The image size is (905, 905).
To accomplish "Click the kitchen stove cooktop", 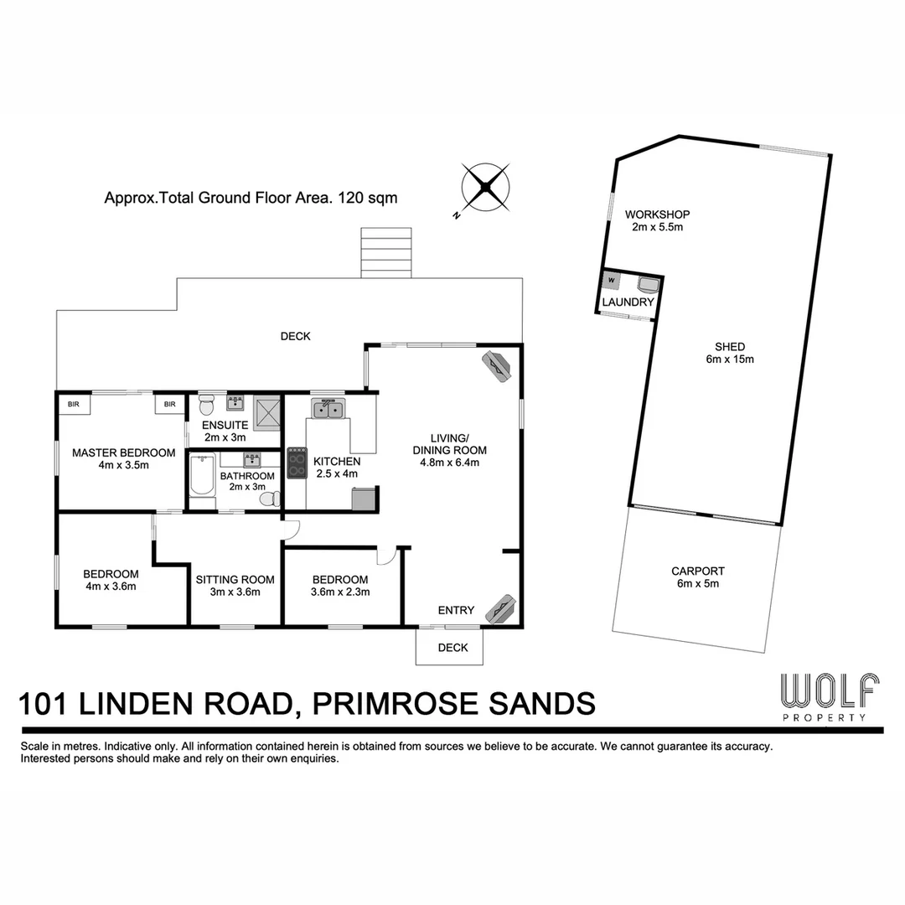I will (297, 463).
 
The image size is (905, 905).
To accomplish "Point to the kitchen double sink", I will (328, 409).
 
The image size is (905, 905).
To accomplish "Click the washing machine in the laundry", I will (611, 279).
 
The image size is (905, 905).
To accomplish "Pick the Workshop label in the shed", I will (662, 215).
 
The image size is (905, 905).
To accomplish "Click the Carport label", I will (697, 571).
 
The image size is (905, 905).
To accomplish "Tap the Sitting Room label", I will (235, 579).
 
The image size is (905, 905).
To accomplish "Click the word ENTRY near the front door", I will (456, 610).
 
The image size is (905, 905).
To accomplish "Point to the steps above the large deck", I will (386, 252).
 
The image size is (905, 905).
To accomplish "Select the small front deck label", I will (452, 648).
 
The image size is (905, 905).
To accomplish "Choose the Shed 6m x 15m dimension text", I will (730, 359).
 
